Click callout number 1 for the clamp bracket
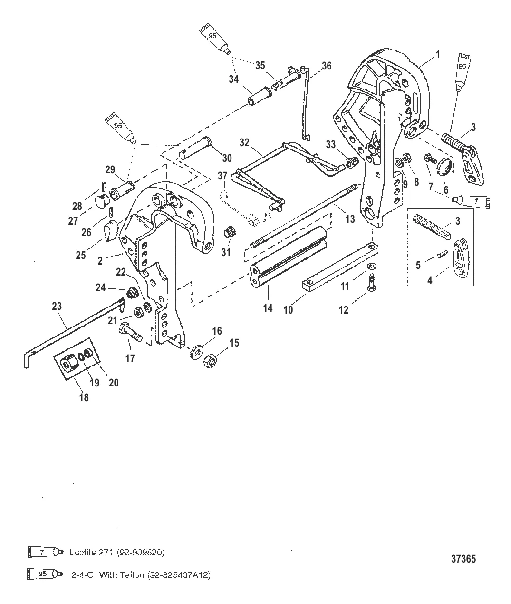click(x=438, y=55)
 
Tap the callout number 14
click(x=268, y=308)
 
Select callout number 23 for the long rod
click(x=57, y=307)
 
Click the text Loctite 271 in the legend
click(x=117, y=553)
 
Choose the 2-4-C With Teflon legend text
click(x=141, y=575)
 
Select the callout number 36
click(x=327, y=66)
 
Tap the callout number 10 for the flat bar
click(x=288, y=309)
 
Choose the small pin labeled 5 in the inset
click(x=440, y=254)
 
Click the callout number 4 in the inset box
click(x=430, y=280)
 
